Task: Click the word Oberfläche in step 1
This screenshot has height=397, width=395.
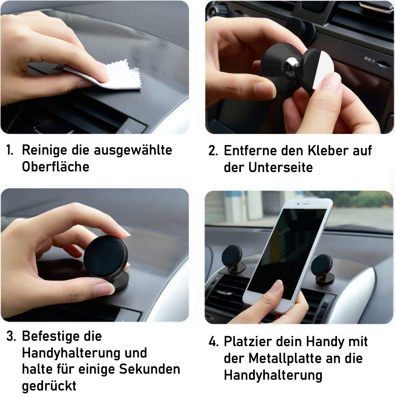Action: point(56,167)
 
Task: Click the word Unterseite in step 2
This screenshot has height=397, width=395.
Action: point(281,167)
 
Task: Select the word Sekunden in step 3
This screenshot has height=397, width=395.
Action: point(150,369)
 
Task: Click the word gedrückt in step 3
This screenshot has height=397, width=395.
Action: point(49,386)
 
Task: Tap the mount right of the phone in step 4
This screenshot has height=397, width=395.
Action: point(322,269)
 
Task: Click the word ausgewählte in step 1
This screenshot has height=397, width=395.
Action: point(133,150)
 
